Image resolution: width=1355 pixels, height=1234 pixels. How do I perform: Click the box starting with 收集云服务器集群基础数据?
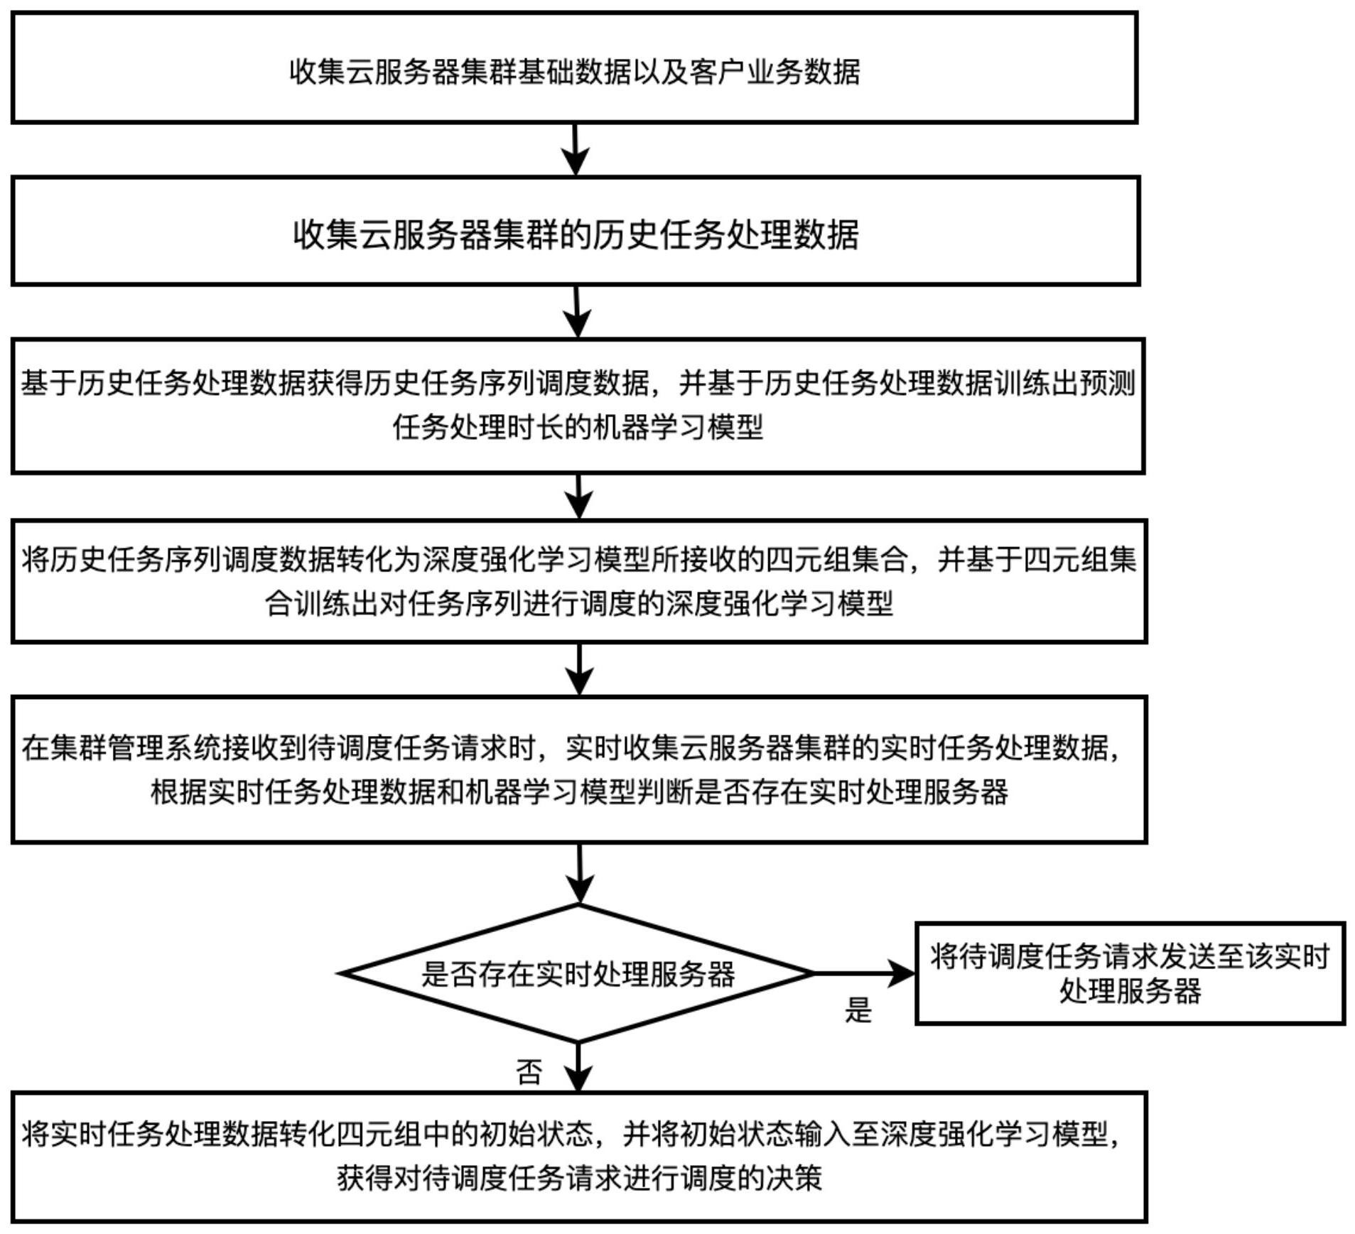(574, 68)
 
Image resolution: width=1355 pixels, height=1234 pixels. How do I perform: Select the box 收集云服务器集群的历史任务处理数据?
(576, 232)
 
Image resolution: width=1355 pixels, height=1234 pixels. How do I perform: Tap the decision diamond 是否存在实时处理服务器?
(578, 973)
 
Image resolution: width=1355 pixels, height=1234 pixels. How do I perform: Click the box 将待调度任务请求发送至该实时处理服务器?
(1129, 973)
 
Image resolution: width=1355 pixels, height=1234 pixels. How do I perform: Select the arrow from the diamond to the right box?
(863, 973)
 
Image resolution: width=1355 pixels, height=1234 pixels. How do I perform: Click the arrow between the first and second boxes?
(576, 149)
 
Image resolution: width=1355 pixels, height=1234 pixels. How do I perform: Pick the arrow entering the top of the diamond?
(580, 874)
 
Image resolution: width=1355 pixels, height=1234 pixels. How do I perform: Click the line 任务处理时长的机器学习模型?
(578, 428)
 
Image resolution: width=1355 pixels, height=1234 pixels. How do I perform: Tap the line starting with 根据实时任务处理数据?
(579, 791)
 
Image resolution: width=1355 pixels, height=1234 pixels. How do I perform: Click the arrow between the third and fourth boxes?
(579, 497)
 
